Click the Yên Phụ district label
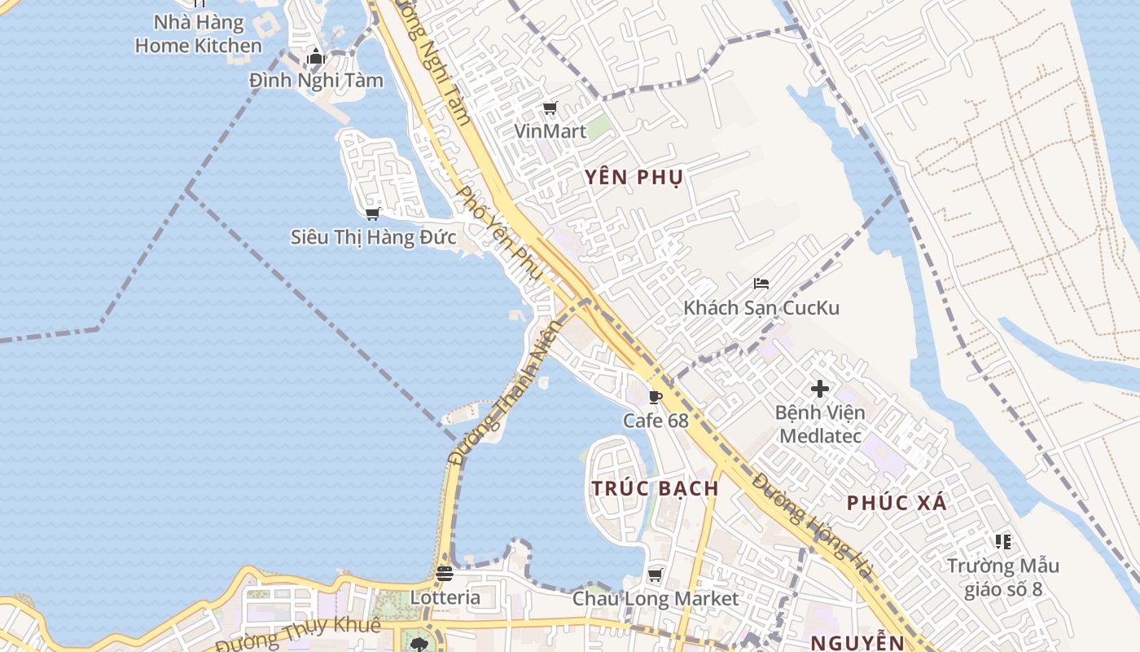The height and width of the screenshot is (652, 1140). (x=634, y=177)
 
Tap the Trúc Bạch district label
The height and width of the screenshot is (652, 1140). (x=655, y=488)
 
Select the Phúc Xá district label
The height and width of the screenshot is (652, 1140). (x=897, y=503)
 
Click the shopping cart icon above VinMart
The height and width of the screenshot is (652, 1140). (x=550, y=108)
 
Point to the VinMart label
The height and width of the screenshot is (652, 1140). (x=550, y=130)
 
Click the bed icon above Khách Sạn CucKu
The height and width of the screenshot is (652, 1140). (x=761, y=284)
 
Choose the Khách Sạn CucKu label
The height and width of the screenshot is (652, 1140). (x=761, y=308)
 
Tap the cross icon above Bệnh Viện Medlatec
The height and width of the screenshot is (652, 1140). (x=820, y=389)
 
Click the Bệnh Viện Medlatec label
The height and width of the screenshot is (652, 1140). (x=820, y=424)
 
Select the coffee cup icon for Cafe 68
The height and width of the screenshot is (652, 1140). (x=655, y=397)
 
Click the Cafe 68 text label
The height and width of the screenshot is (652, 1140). (x=655, y=421)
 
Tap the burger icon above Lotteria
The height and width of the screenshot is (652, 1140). (x=445, y=573)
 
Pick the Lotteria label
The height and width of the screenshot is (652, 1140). (x=445, y=597)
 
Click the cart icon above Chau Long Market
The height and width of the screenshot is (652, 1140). (x=655, y=575)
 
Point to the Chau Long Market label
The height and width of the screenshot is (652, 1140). (x=655, y=599)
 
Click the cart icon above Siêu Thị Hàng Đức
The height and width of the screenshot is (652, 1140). (x=373, y=214)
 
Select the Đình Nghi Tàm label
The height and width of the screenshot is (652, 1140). (x=316, y=81)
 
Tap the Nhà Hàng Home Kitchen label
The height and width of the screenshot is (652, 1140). (x=199, y=33)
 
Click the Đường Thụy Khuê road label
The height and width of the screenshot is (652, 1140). (x=298, y=635)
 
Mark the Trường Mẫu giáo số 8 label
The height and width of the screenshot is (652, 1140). (x=1003, y=577)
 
